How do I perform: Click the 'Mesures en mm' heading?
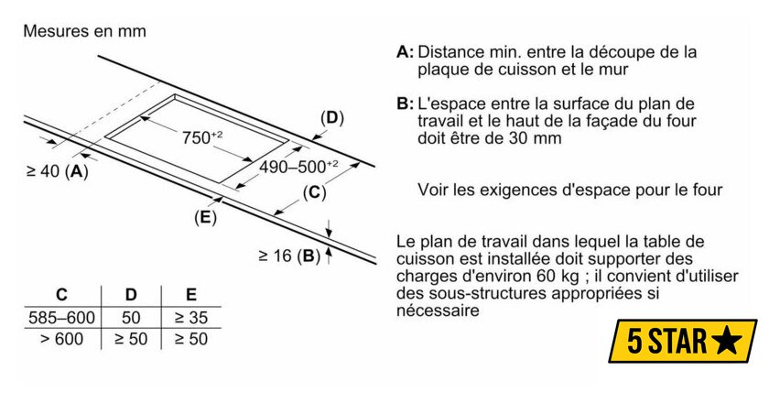[84, 31]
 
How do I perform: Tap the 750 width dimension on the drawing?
[201, 138]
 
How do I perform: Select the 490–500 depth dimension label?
[298, 167]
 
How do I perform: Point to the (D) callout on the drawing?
[331, 117]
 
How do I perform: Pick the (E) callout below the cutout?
[205, 217]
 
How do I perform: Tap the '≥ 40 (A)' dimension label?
[57, 170]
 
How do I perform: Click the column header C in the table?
[61, 295]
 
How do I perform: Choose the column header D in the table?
[131, 295]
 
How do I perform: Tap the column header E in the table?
[191, 295]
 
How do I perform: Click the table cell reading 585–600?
[61, 318]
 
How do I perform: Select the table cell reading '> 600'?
[61, 339]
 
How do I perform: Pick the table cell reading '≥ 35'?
[191, 318]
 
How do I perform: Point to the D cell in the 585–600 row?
[131, 318]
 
